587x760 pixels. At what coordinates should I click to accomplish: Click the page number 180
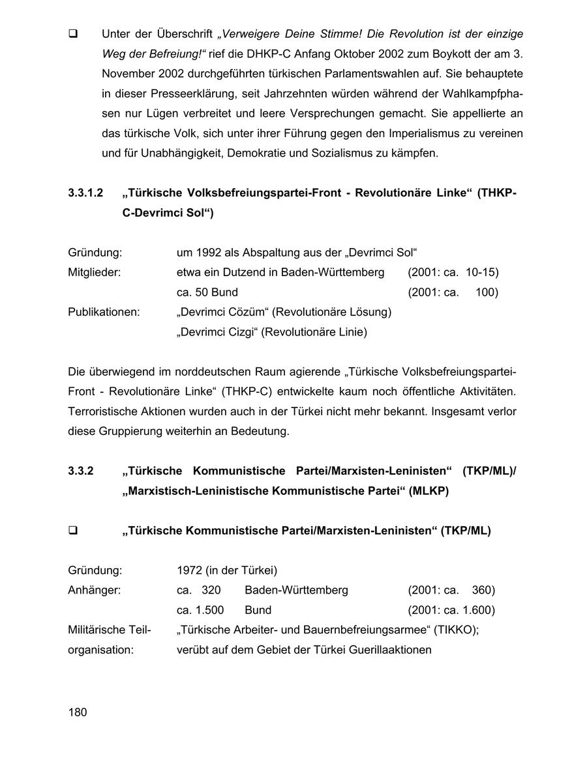coord(77,712)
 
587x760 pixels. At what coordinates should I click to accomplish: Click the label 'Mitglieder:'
coord(94,272)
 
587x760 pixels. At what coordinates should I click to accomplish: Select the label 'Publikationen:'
coord(104,312)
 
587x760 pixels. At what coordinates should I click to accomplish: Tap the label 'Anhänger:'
coord(95,590)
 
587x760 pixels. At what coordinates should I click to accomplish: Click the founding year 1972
coord(189,570)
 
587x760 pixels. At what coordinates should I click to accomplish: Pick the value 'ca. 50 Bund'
coord(207,293)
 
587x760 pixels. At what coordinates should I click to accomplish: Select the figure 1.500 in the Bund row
coord(209,610)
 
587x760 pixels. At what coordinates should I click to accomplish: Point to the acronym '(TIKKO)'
coord(455,630)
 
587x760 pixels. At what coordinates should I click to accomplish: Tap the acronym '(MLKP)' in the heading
coord(429,491)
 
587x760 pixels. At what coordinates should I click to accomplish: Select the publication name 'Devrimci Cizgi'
coord(217,332)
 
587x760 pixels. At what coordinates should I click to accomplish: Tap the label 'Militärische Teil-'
coord(109,630)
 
